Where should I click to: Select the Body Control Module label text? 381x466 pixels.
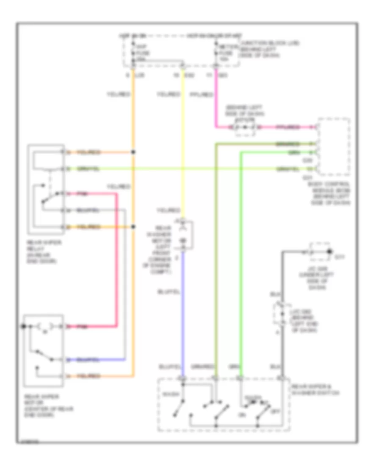pyautogui.click(x=336, y=193)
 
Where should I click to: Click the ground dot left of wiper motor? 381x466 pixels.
pyautogui.click(x=24, y=326)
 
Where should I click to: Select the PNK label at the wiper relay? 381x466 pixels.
pyautogui.click(x=83, y=194)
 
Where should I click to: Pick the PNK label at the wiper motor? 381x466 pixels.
pyautogui.click(x=83, y=327)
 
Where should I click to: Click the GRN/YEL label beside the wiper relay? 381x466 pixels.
pyautogui.click(x=89, y=169)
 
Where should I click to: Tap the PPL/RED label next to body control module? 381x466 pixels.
pyautogui.click(x=288, y=127)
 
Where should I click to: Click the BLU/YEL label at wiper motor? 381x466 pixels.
pyautogui.click(x=88, y=360)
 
